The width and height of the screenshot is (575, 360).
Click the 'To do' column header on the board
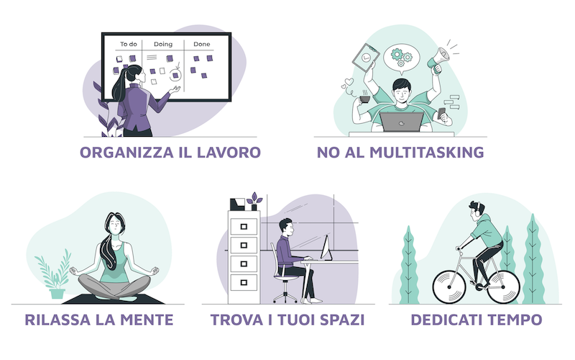pos(129,44)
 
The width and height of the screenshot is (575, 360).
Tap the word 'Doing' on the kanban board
pos(163,45)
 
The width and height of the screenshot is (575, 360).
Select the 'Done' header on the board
pos(202,44)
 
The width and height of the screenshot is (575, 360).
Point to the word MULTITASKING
pos(426,153)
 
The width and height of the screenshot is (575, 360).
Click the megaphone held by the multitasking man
pos(439,60)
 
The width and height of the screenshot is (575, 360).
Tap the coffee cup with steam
pos(364,99)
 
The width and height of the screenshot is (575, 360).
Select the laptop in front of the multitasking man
pos(402,122)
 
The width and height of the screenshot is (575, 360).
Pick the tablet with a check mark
pos(366,58)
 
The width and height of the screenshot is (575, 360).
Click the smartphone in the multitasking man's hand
pos(441,113)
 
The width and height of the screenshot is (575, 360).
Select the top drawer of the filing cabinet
pos(244,227)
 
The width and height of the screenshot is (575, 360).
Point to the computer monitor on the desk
pos(326,248)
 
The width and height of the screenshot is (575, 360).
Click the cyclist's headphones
pos(478,208)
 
